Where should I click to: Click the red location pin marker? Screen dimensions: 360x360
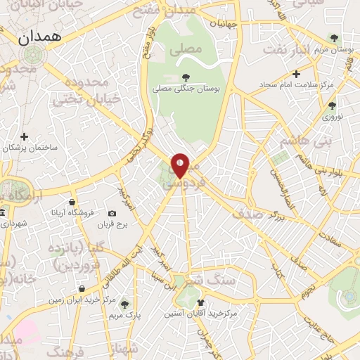click(x=181, y=165)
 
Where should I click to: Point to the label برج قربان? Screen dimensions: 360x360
click(x=110, y=225)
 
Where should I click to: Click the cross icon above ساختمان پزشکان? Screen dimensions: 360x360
click(x=25, y=136)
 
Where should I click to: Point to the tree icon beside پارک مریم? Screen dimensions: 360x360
click(x=124, y=304)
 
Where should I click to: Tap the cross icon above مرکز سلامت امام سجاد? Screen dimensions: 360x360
click(x=297, y=73)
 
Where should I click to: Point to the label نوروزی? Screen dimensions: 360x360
click(x=332, y=117)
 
